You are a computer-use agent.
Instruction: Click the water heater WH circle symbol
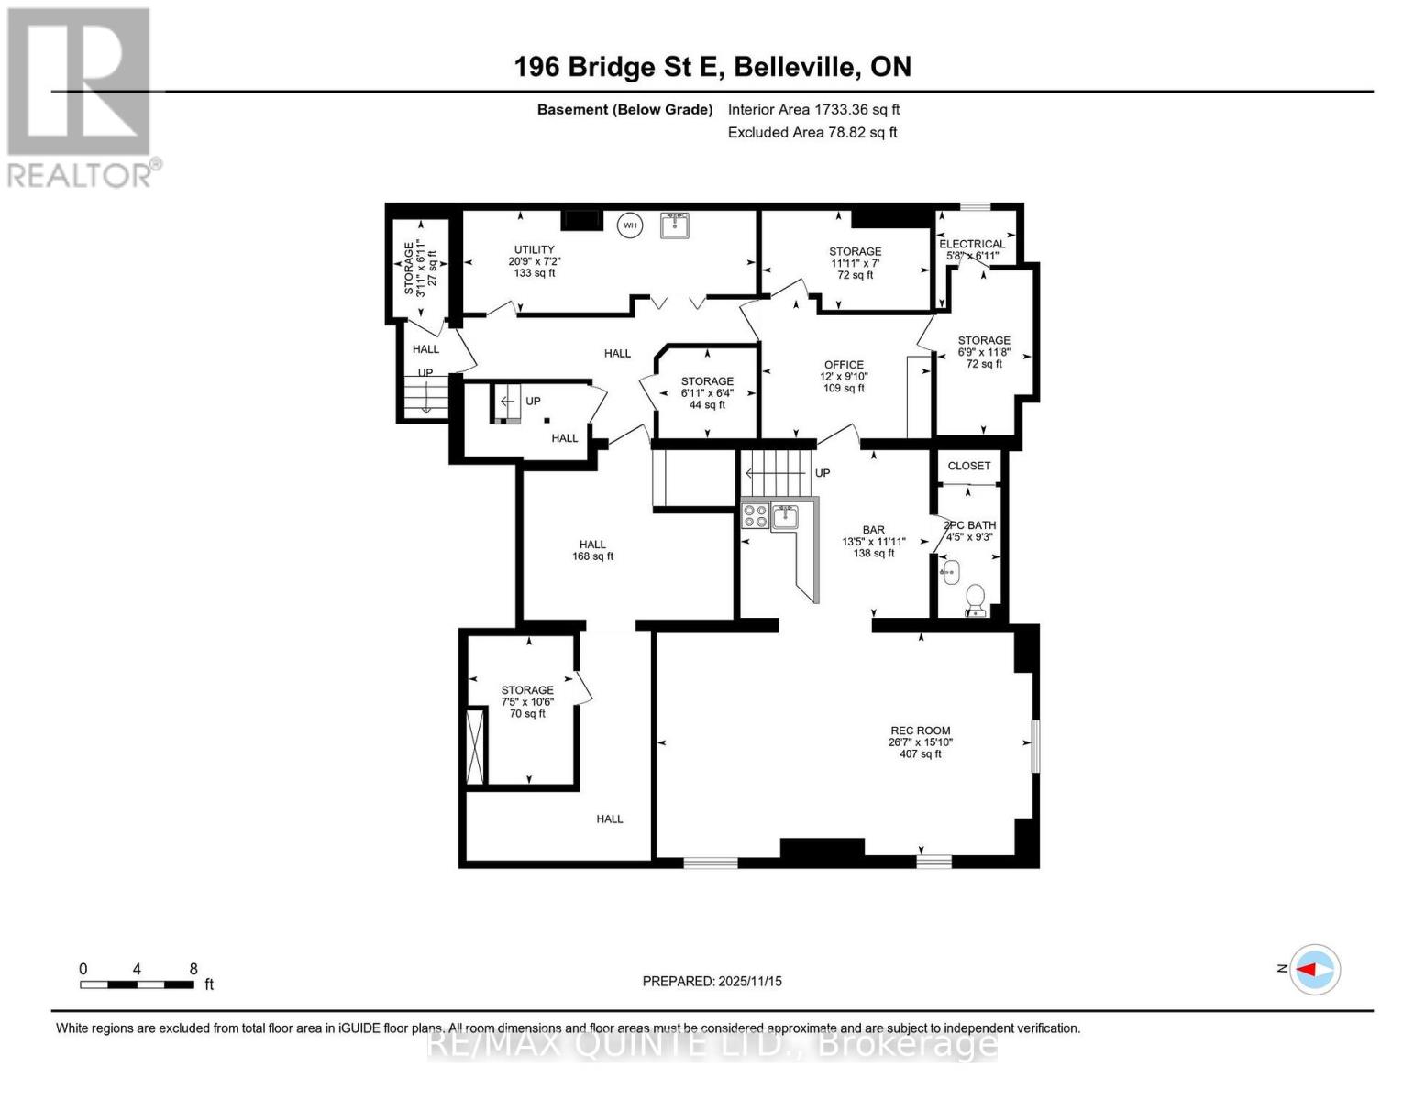(x=629, y=225)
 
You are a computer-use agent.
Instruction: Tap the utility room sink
(x=675, y=225)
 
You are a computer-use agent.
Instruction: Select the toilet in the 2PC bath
(x=976, y=599)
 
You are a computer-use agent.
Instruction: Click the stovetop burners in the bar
(x=756, y=516)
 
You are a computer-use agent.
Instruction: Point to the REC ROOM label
(x=920, y=731)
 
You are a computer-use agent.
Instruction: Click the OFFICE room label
(x=843, y=364)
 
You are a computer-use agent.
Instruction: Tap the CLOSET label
(x=968, y=466)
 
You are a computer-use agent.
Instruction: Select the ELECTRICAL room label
(x=972, y=244)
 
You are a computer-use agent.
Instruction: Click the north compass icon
(x=1315, y=969)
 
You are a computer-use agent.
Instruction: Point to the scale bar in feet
(x=138, y=984)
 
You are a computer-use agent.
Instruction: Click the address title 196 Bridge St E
(x=712, y=67)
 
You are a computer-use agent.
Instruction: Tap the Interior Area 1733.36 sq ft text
(x=813, y=109)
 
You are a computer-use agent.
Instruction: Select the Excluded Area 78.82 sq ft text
(x=812, y=132)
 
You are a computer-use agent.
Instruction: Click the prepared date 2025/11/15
(x=712, y=981)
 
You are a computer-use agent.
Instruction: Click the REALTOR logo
(x=81, y=97)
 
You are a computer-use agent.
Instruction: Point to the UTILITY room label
(x=534, y=249)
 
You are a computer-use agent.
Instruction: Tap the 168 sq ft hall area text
(x=592, y=556)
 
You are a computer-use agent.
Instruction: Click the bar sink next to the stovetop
(x=785, y=517)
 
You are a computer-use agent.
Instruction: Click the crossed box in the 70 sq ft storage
(x=475, y=746)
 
